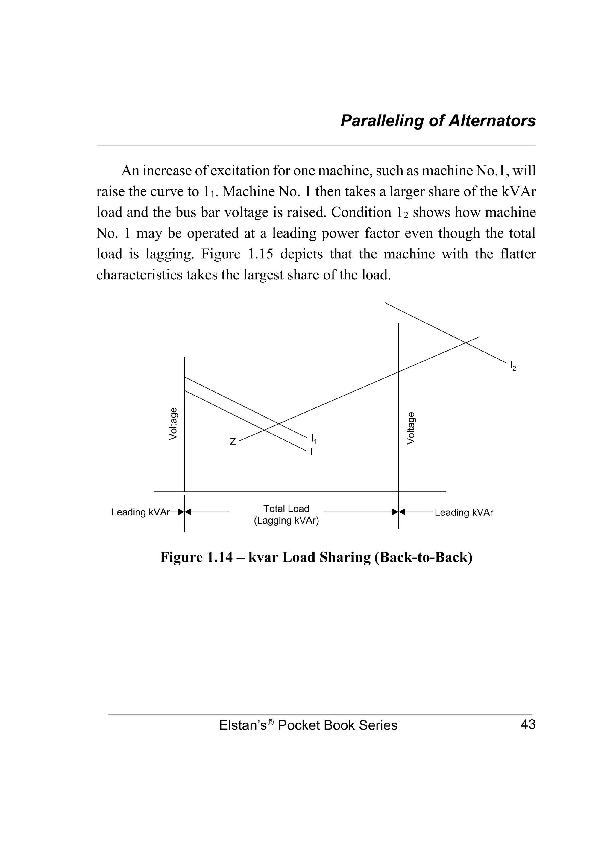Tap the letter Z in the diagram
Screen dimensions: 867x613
[x=233, y=442]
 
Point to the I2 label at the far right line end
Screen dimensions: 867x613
[x=512, y=366]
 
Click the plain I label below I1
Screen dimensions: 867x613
[x=311, y=452]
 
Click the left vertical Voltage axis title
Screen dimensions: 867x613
[x=173, y=423]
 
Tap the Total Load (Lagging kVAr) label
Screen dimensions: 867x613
[x=286, y=514]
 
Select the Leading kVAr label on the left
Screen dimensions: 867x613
[x=140, y=512]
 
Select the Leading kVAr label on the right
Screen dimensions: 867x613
[x=464, y=512]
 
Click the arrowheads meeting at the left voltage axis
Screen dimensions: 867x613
[x=184, y=512]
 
